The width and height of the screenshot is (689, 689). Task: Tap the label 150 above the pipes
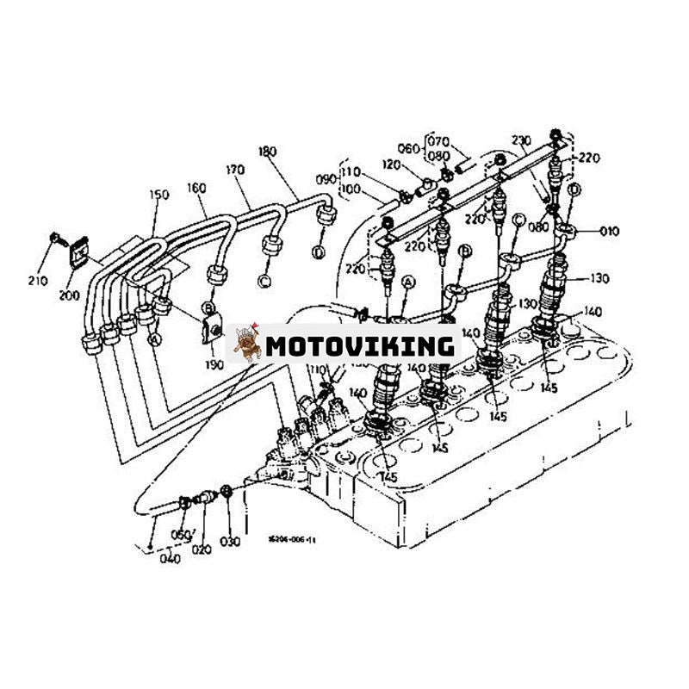point(159,196)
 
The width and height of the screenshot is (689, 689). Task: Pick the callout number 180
point(268,152)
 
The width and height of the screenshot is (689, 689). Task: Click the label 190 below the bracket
point(215,364)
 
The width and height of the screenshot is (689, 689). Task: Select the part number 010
point(610,231)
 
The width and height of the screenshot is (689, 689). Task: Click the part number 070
point(439,140)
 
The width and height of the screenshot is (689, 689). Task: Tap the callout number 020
point(203,549)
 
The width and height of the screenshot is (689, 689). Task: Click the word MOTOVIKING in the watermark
point(359,346)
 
